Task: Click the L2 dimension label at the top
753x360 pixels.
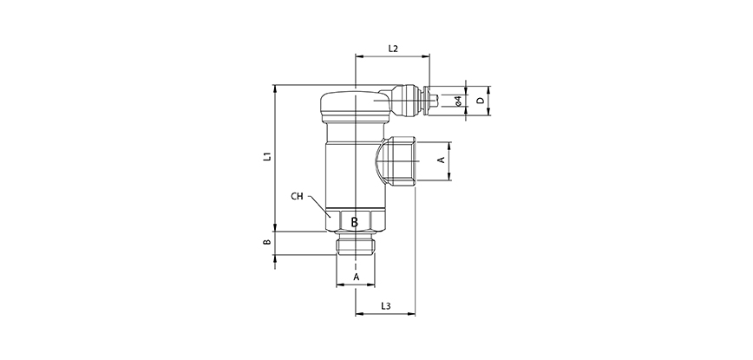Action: [391, 49]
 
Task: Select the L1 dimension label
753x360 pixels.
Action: [268, 157]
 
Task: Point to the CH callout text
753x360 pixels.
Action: [298, 197]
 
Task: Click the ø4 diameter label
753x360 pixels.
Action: [456, 101]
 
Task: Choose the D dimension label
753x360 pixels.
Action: [480, 101]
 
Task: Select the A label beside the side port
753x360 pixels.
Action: [440, 160]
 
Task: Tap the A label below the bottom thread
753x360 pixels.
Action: [355, 278]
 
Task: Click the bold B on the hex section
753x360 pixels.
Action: [355, 223]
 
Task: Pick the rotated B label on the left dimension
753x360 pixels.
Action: [268, 244]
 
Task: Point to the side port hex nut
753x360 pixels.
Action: [402, 160]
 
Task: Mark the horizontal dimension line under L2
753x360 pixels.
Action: [391, 57]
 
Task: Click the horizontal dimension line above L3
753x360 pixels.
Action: [386, 314]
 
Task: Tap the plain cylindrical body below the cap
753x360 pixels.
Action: [355, 173]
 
